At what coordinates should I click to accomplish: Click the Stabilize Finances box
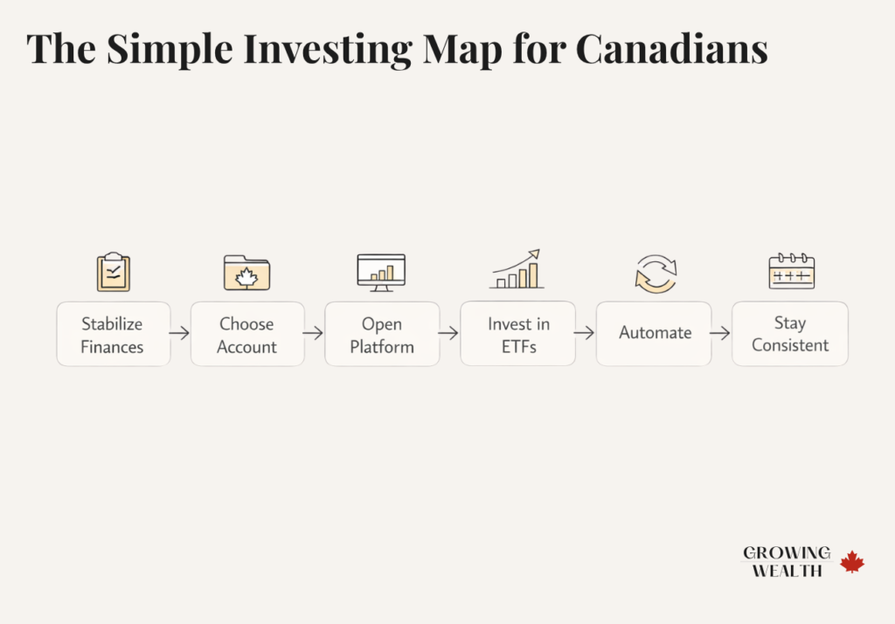113,335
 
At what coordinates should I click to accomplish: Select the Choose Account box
247,335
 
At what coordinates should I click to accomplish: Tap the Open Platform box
382,335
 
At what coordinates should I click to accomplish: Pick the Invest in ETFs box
518,335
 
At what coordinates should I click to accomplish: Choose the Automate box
655,333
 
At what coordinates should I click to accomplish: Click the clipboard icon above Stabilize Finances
113,272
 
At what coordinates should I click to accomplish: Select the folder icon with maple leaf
246,273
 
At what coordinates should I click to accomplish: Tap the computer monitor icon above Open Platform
381,272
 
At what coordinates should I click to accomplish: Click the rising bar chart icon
517,270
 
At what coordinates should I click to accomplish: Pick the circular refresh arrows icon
655,274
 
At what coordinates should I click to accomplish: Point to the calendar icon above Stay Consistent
791,272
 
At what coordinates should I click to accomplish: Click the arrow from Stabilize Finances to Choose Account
180,333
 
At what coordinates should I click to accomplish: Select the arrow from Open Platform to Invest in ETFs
449,333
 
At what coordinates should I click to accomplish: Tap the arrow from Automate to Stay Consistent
720,333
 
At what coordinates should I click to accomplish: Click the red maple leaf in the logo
852,562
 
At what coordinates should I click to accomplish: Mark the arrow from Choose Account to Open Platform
314,333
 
